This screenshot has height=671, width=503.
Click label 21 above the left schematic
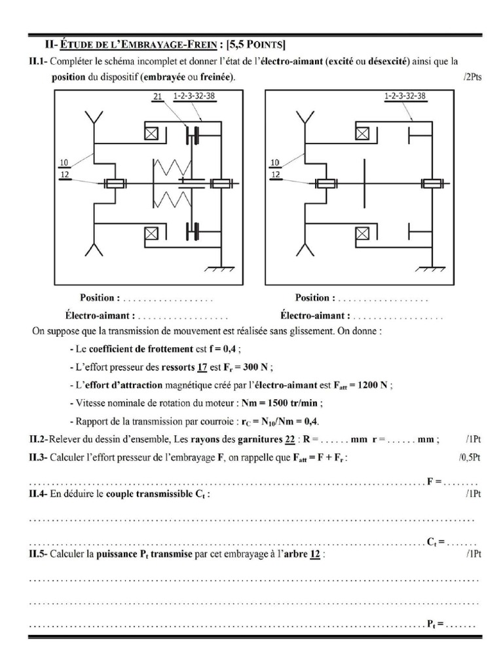157,96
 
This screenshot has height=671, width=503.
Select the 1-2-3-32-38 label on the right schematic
405,96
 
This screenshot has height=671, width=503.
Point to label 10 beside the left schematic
64,163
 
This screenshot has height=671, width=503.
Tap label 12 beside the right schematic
276,176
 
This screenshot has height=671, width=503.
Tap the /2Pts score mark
471,77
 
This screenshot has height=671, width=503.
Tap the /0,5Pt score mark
469,457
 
